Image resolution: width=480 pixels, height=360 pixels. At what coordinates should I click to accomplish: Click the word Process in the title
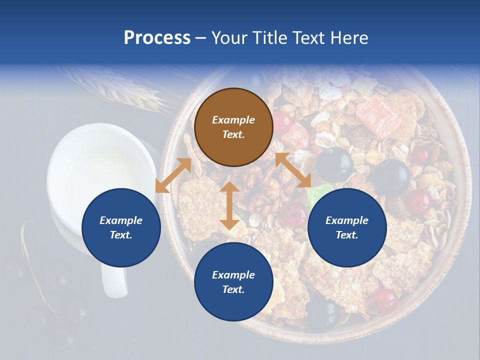pos(157,37)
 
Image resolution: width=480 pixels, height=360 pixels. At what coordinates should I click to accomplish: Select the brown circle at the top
pos(233,127)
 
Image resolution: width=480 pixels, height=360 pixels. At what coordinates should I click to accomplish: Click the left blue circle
pos(121,227)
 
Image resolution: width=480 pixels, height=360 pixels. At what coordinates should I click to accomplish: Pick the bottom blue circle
pos(233,282)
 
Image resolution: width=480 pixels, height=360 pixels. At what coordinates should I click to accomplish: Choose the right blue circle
pos(346,227)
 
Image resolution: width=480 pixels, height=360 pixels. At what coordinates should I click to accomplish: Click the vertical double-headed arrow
pos(229,205)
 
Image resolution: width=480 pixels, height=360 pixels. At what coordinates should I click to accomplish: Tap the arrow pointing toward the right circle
pos(293,170)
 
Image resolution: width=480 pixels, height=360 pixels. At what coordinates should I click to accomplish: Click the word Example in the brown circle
pos(233,120)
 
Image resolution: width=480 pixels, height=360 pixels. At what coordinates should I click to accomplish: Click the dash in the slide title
pos(200,38)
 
